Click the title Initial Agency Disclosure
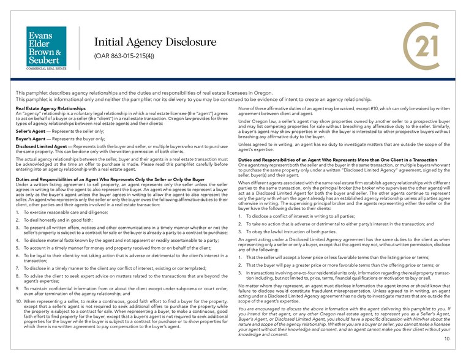(x=155, y=42)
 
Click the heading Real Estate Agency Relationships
(x=50, y=108)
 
